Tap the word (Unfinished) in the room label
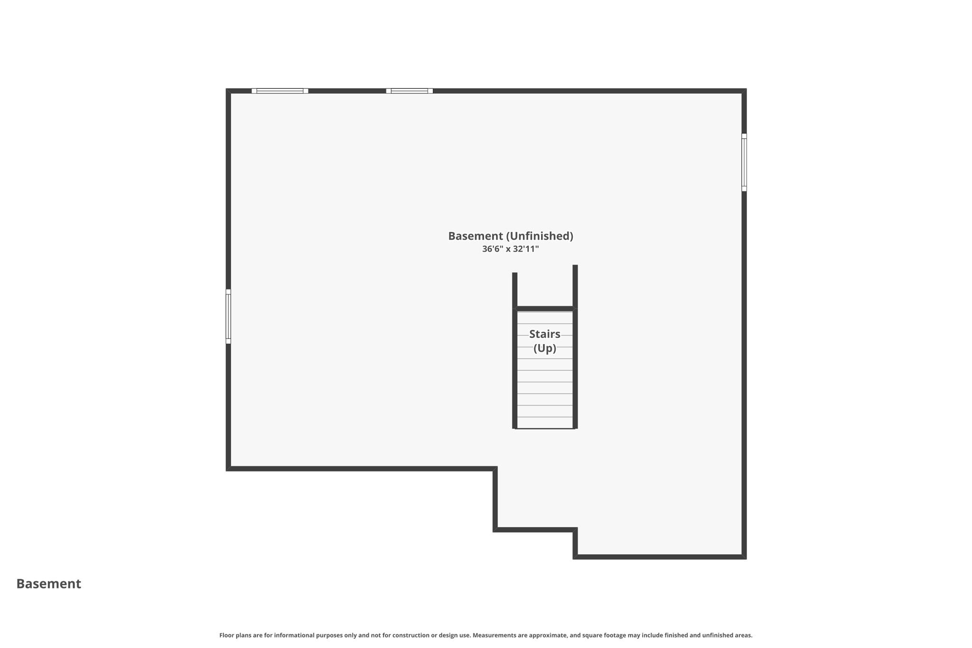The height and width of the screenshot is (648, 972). pyautogui.click(x=540, y=236)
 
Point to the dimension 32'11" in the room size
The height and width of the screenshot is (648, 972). pyautogui.click(x=526, y=249)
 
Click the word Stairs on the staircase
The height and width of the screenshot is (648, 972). pyautogui.click(x=544, y=334)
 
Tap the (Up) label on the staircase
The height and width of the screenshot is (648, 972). pyautogui.click(x=544, y=348)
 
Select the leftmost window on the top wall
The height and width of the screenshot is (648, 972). pyautogui.click(x=280, y=91)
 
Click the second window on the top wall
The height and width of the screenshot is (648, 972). pyautogui.click(x=409, y=91)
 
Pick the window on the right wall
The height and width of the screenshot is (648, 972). pyautogui.click(x=744, y=162)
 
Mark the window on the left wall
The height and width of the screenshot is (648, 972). pyautogui.click(x=228, y=316)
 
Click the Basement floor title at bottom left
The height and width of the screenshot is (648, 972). pyautogui.click(x=48, y=583)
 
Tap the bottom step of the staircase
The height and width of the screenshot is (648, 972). pyautogui.click(x=544, y=423)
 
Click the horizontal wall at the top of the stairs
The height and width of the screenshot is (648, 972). pyautogui.click(x=544, y=309)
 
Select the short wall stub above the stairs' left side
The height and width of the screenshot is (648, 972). pyautogui.click(x=514, y=290)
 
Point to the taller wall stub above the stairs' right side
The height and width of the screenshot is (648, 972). pyautogui.click(x=575, y=286)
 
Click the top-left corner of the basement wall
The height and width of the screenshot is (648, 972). pyautogui.click(x=228, y=91)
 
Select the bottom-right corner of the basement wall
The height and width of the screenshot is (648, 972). pyautogui.click(x=744, y=556)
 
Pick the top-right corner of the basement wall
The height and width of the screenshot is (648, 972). pyautogui.click(x=744, y=91)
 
